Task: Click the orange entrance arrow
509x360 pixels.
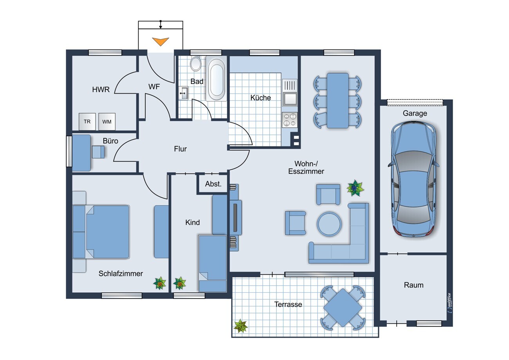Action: (x=161, y=42)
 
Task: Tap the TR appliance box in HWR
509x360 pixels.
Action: (x=87, y=121)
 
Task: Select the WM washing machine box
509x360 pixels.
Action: (x=107, y=121)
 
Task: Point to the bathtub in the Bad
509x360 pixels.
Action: (x=216, y=78)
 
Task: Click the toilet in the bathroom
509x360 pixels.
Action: (x=195, y=63)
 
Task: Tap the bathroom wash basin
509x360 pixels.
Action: (x=183, y=93)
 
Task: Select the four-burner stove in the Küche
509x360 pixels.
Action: (x=290, y=120)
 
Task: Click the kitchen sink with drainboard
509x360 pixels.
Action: (x=290, y=92)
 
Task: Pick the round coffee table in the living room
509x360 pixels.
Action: (x=329, y=224)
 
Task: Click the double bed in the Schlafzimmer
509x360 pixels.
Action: (x=101, y=232)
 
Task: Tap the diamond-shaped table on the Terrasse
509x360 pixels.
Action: (x=343, y=308)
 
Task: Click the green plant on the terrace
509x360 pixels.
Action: (x=241, y=326)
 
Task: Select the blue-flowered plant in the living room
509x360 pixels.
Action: (x=355, y=188)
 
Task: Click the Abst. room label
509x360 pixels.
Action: (x=213, y=184)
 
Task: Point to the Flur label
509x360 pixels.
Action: (x=180, y=149)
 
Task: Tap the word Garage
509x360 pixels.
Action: (x=415, y=113)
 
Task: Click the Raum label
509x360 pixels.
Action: (x=413, y=285)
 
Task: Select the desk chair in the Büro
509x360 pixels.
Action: (x=98, y=152)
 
